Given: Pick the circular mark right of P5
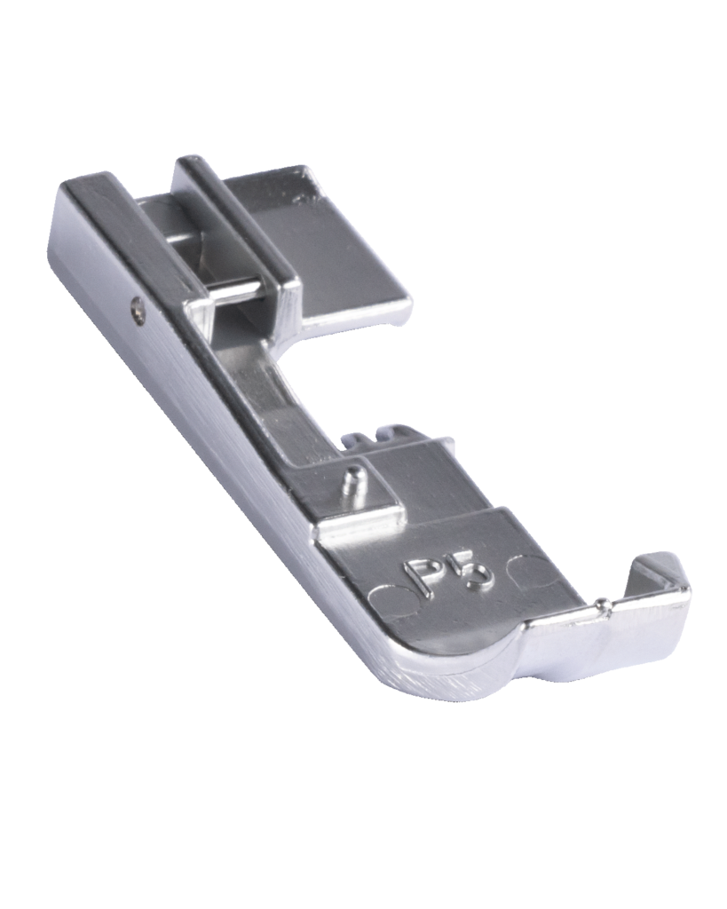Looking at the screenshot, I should click(531, 567).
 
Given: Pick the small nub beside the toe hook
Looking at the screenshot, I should click(604, 605).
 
